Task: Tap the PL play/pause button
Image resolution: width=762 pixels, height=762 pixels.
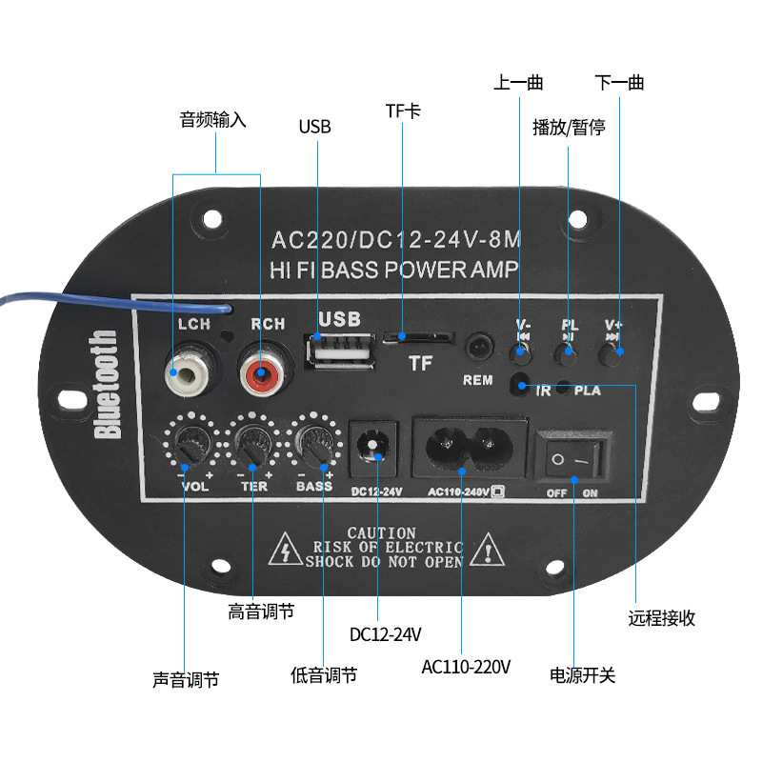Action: [569, 353]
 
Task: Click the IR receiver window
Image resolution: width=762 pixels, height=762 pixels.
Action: [520, 386]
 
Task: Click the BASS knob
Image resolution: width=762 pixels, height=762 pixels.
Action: [315, 441]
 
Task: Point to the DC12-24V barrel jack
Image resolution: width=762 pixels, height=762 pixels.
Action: [376, 446]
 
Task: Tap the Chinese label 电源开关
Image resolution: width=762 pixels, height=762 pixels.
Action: [582, 676]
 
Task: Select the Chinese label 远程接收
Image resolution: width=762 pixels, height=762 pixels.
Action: [661, 618]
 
